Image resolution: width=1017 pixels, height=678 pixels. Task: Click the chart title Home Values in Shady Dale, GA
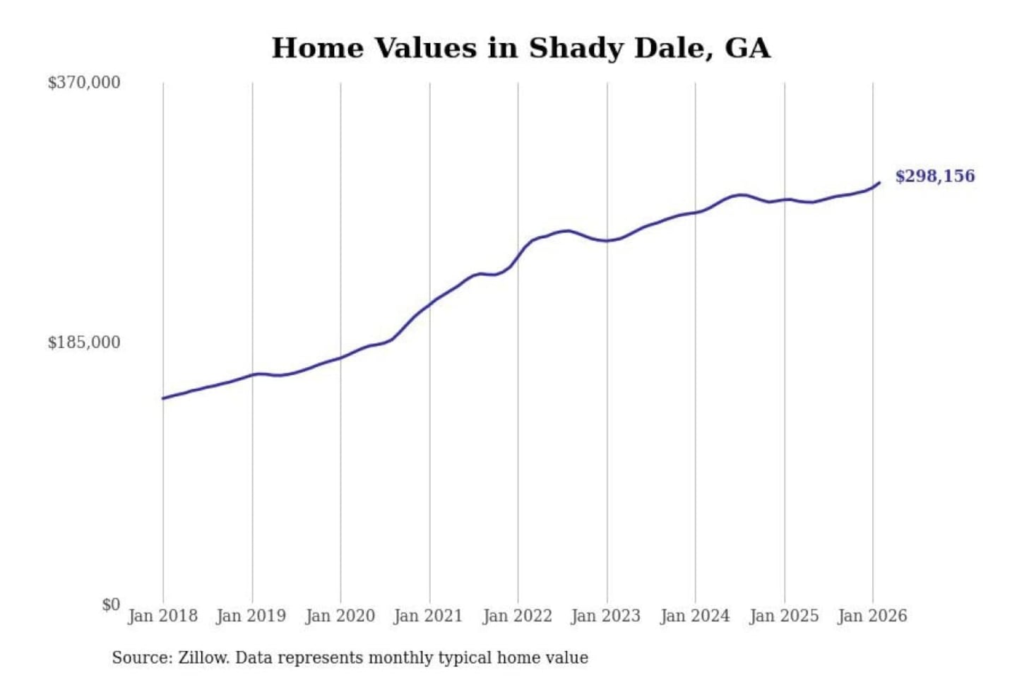click(521, 48)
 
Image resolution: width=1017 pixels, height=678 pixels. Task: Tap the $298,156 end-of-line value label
click(934, 176)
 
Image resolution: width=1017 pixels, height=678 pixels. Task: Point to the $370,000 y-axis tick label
click(84, 83)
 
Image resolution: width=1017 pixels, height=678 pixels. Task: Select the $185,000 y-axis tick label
click(84, 343)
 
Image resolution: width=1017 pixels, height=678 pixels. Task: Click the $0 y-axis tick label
click(111, 605)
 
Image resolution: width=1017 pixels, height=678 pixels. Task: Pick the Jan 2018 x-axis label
click(162, 616)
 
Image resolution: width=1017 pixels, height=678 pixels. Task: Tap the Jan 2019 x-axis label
click(251, 616)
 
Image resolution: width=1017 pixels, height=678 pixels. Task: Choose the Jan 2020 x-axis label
click(340, 616)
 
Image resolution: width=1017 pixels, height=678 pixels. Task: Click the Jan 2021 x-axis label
click(428, 616)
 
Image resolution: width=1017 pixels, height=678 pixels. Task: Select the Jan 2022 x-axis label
click(517, 616)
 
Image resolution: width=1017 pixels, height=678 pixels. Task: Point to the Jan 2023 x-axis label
click(605, 616)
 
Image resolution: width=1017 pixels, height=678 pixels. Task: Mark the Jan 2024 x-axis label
click(694, 616)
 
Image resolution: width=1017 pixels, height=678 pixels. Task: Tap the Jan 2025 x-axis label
click(783, 616)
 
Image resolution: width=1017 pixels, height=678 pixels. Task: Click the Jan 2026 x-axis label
click(872, 616)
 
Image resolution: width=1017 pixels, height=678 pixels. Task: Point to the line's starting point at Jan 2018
click(163, 398)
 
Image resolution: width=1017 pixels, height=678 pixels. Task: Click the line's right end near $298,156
click(879, 183)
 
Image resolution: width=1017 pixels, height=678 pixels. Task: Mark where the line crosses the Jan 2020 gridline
click(340, 357)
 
